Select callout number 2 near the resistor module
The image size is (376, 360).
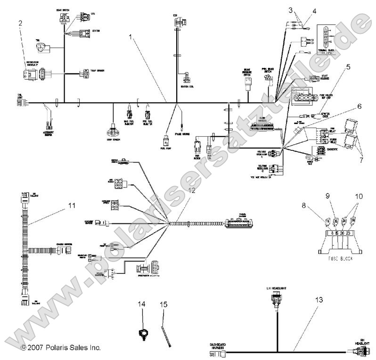click(20, 22)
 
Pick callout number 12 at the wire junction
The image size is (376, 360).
click(191, 190)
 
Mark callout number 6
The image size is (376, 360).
click(359, 107)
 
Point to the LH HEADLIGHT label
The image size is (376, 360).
click(276, 287)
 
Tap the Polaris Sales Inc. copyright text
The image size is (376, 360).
click(61, 348)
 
